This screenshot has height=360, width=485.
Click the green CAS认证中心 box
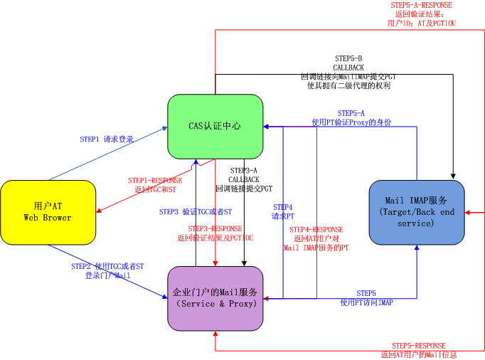tap(215, 126)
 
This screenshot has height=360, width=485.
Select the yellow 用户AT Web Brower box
tap(48, 211)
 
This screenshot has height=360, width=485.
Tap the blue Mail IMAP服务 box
tap(416, 213)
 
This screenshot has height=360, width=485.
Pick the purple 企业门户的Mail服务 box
tap(215, 297)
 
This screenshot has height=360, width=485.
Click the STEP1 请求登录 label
tap(107, 139)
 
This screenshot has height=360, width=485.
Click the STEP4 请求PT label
tap(282, 211)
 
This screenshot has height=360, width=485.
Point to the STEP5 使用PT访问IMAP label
tap(366, 297)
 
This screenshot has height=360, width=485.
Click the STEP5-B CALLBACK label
tap(348, 71)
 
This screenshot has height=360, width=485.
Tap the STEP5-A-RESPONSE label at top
tap(421, 14)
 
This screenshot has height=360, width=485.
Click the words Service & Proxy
tap(215, 304)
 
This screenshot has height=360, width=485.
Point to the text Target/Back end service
tap(416, 218)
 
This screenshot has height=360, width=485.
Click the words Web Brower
tap(48, 217)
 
